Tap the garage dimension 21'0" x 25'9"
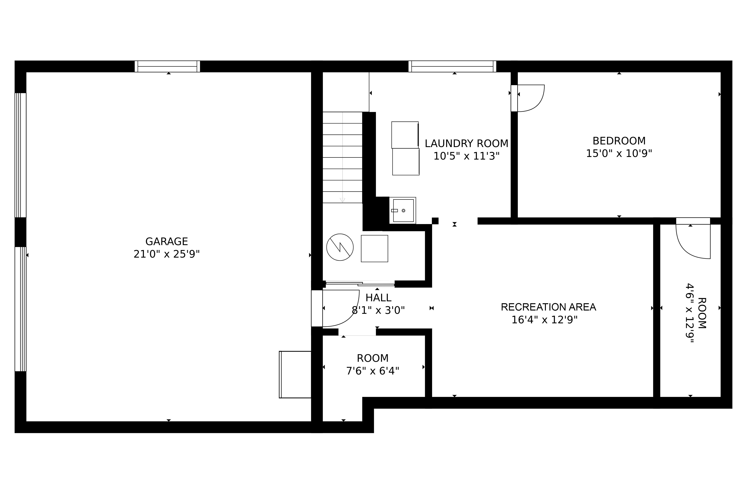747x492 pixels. [x=166, y=254]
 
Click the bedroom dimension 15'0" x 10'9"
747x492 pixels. [x=619, y=153]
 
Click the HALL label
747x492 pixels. [x=378, y=297]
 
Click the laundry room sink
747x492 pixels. [x=403, y=211]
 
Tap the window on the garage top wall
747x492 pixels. [x=167, y=66]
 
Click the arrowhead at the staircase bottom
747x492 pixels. [x=342, y=200]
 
